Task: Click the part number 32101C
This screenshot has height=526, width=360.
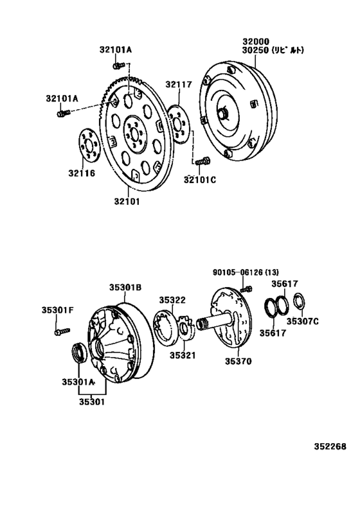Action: [x=199, y=180]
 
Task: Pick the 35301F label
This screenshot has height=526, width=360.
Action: [x=59, y=310]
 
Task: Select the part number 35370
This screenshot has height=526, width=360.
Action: [x=239, y=362]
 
